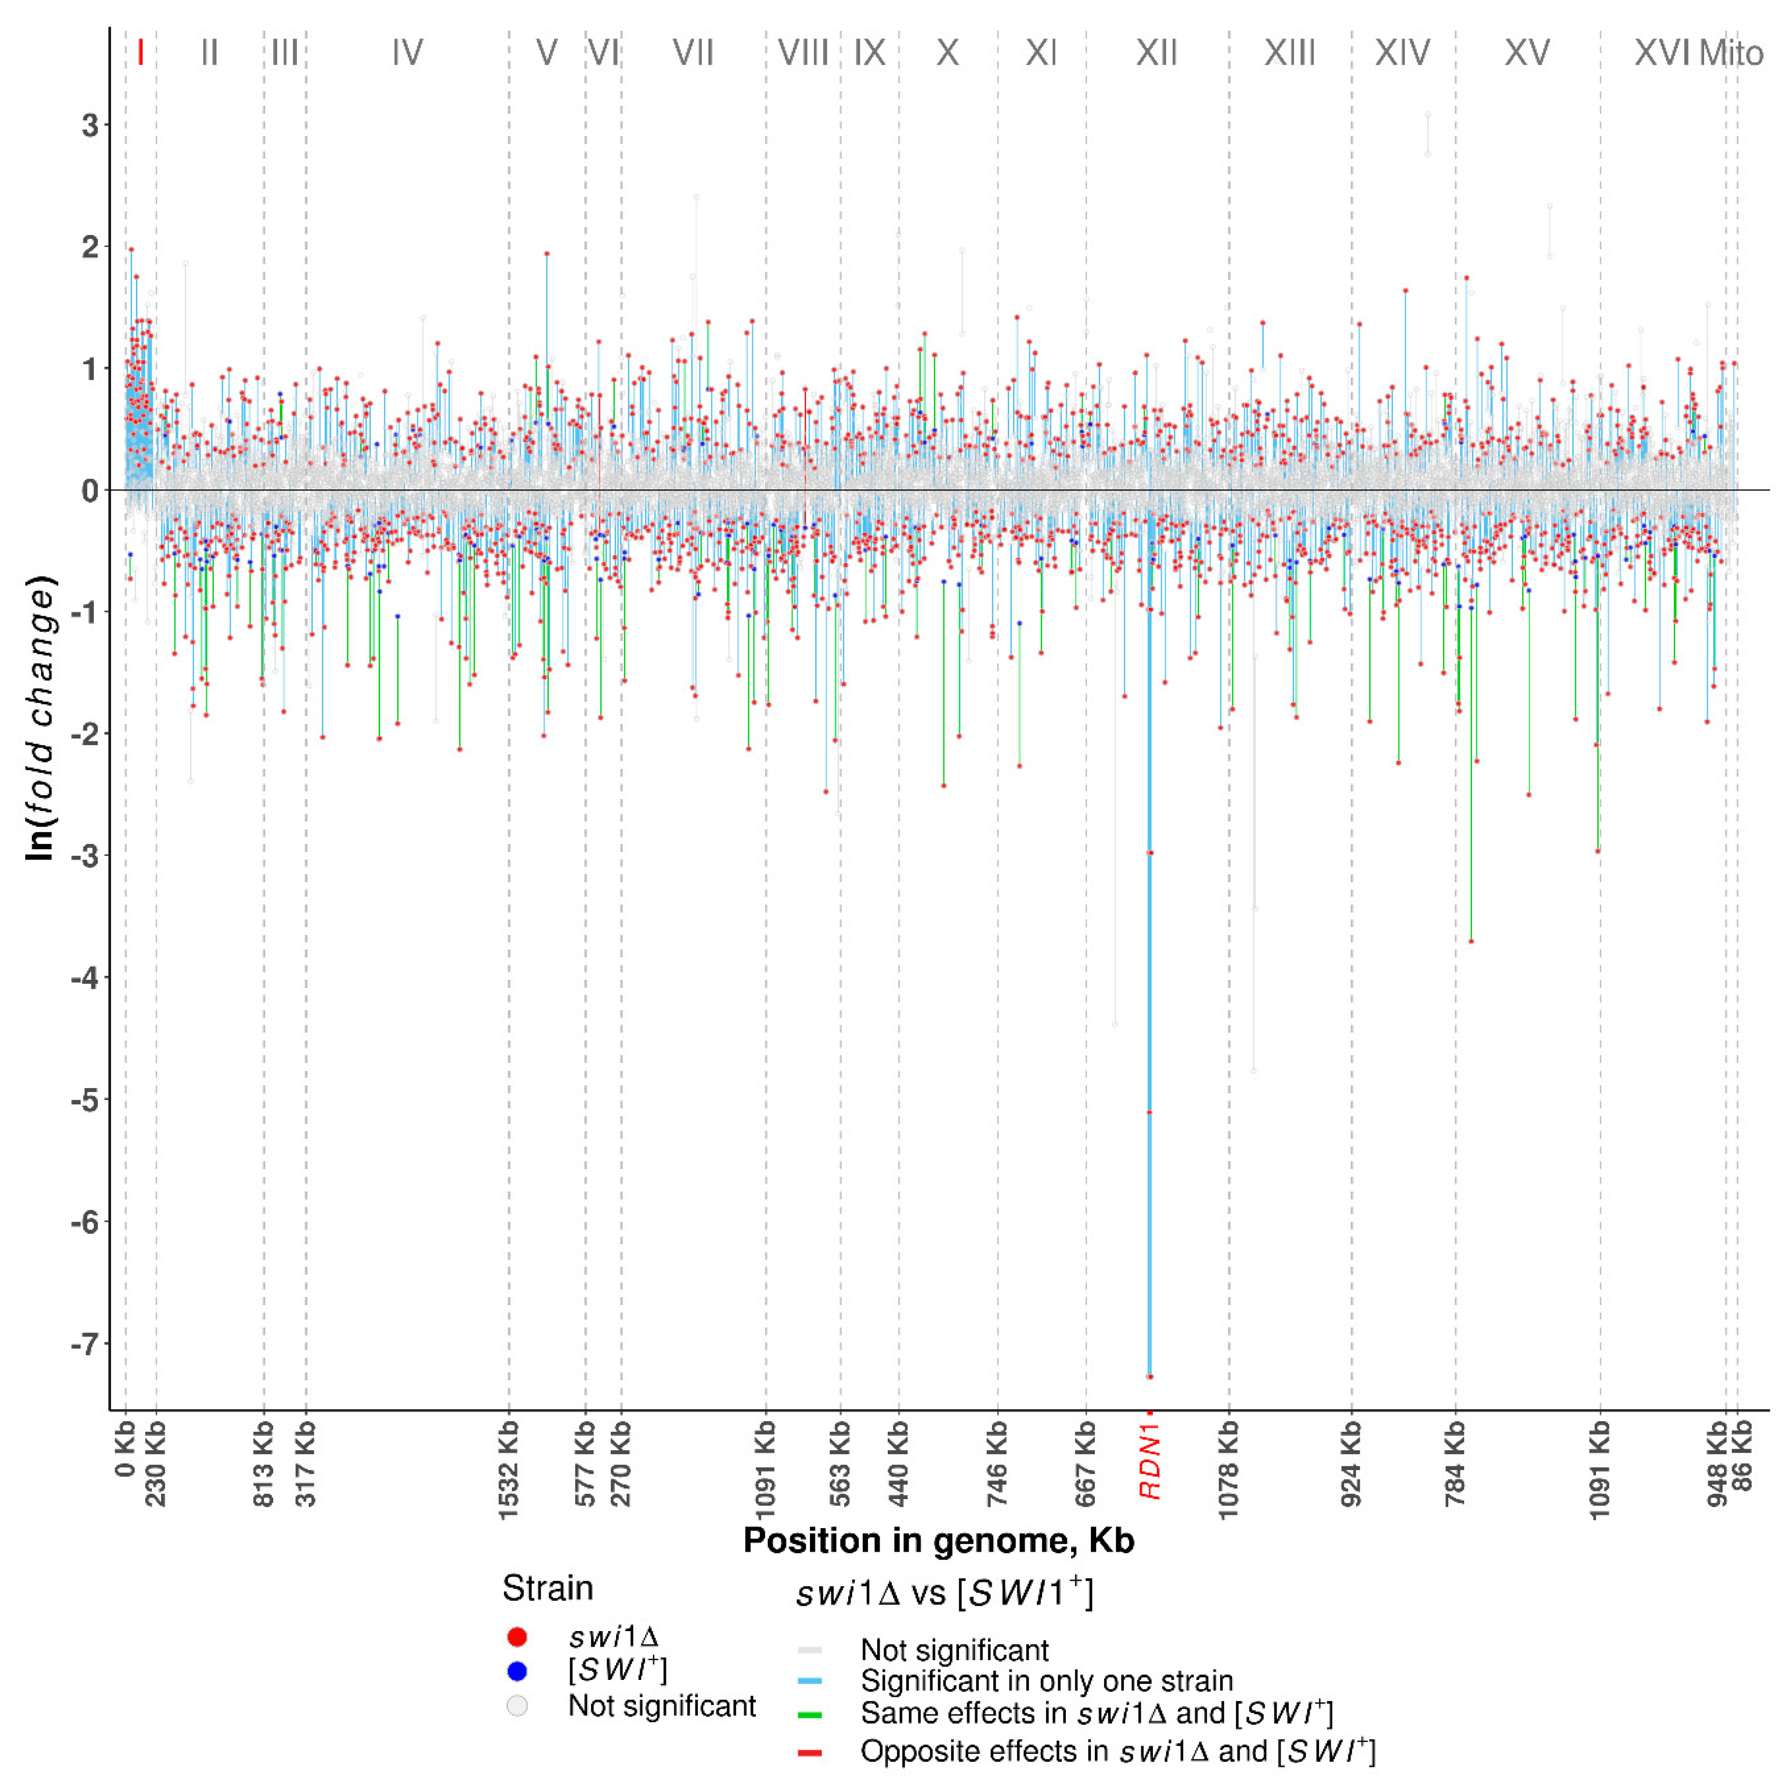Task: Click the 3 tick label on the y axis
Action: pos(89,125)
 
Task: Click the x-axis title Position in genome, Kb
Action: pos(939,1540)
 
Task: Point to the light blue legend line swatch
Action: pos(810,1681)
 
